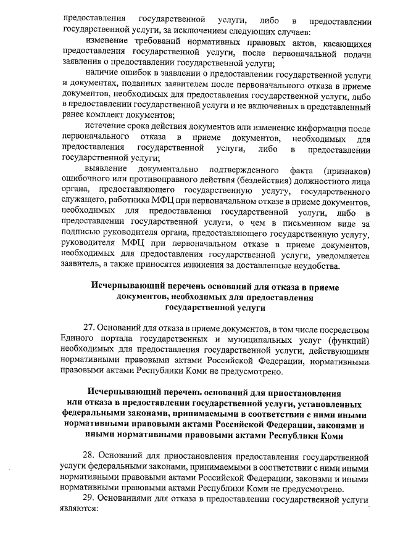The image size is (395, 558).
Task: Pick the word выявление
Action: coord(106,169)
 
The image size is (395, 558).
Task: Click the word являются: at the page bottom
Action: coord(80,510)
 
